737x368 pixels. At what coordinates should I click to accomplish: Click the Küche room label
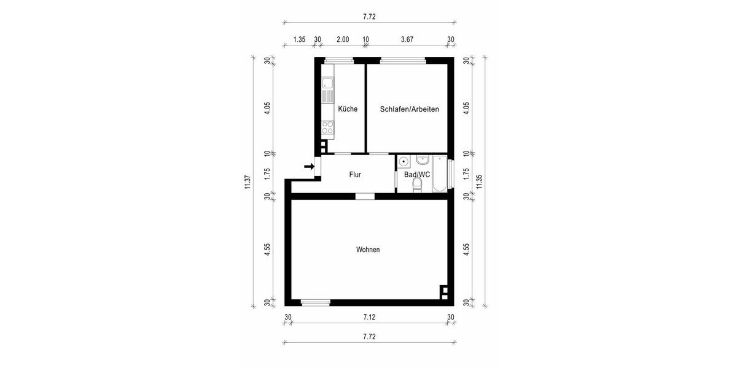[x=348, y=109]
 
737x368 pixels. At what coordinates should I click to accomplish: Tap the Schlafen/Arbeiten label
[x=409, y=109]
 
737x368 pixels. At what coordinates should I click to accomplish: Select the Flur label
[x=355, y=175]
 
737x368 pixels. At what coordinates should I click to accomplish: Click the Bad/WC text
[x=417, y=175]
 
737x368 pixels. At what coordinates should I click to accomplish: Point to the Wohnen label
[x=368, y=250]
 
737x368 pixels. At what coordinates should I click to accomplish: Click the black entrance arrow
[x=310, y=166]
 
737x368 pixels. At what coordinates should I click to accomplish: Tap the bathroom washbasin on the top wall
[x=423, y=161]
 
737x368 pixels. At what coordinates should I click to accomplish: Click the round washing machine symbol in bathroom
[x=404, y=162]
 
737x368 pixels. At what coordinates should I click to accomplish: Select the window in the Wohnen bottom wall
[x=316, y=302]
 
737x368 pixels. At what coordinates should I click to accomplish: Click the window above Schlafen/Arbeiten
[x=403, y=60]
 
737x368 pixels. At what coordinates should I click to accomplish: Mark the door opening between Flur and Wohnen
[x=365, y=196]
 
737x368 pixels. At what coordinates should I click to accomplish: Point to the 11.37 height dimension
[x=248, y=182]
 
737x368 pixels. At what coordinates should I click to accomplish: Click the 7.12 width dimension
[x=368, y=317]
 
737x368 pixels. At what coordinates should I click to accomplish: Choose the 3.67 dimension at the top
[x=407, y=40]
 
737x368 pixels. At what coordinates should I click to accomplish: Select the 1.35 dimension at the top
[x=299, y=40]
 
